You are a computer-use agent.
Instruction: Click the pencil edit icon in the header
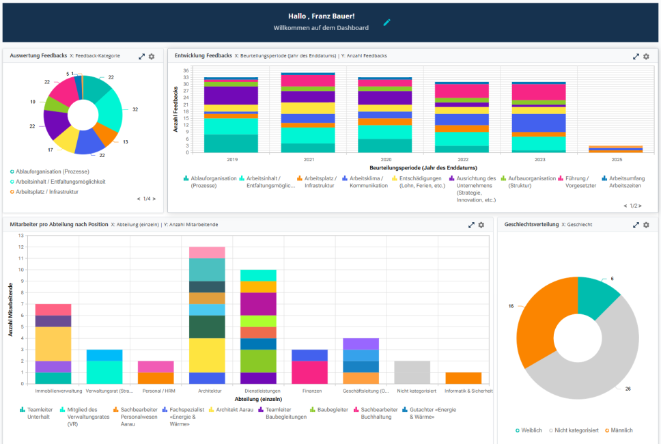tap(387, 22)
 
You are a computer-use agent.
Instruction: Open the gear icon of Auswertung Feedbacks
tap(152, 56)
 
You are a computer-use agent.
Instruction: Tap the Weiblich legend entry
tap(530, 430)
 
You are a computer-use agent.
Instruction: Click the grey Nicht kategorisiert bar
tap(412, 372)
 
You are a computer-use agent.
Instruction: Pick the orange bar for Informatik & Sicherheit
tap(464, 378)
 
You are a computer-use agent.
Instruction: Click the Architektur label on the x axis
tap(208, 391)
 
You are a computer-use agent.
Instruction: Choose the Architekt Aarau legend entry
tap(234, 410)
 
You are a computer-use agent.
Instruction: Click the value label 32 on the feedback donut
tap(135, 109)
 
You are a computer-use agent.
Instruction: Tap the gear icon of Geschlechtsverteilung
tap(646, 225)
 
